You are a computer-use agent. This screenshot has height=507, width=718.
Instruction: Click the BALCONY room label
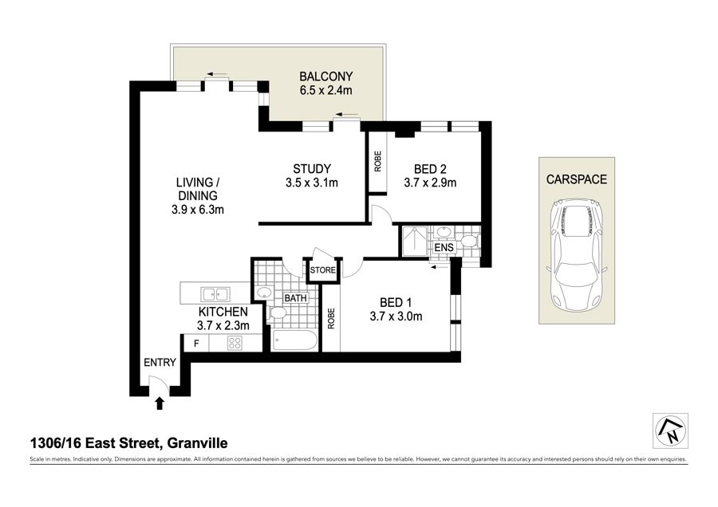tap(326, 77)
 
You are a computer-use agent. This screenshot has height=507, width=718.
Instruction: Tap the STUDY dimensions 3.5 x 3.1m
tap(312, 183)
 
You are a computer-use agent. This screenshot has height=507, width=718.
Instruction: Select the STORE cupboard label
tap(323, 270)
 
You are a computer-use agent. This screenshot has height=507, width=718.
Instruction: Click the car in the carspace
tap(577, 254)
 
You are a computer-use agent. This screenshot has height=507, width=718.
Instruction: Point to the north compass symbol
tap(670, 431)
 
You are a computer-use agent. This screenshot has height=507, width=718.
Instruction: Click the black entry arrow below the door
tap(160, 403)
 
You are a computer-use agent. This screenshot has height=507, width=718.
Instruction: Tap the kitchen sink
tap(215, 293)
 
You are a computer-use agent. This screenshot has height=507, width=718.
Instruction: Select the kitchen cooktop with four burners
tap(235, 344)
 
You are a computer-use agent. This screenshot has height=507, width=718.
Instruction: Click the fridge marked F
tap(196, 344)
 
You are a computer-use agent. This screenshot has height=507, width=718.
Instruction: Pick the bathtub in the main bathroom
tap(294, 340)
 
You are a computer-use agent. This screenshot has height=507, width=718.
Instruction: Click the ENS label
tap(444, 248)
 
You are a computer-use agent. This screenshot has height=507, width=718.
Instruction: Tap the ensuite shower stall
tap(414, 242)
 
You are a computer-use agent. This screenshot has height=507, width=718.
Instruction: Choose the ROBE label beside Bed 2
tap(378, 162)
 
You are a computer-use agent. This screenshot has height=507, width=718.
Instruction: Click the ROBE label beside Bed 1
tap(331, 319)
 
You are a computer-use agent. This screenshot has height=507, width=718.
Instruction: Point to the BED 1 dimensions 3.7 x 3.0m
tap(396, 316)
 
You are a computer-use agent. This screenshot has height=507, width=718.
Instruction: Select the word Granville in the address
tap(197, 443)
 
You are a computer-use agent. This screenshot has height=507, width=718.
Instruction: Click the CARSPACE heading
tap(577, 179)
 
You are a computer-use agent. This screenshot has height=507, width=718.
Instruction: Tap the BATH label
tap(295, 298)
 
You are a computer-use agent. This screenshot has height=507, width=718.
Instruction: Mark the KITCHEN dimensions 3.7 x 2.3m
tap(223, 326)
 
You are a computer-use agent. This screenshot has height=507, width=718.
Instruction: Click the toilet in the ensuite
tap(470, 240)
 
